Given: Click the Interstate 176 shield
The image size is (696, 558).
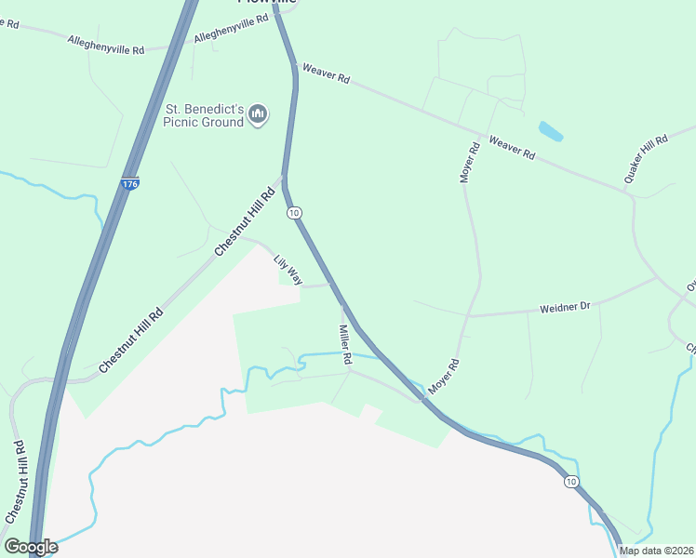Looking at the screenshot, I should [130, 185].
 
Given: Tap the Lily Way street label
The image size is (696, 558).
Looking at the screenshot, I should [288, 268].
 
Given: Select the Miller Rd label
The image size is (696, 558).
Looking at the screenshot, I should [345, 344].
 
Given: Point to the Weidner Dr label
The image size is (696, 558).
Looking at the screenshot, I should [566, 306].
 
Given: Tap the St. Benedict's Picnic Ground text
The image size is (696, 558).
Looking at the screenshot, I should [204, 115].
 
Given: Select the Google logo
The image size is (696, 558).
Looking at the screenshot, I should [31, 546].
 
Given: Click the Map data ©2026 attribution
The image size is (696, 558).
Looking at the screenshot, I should [656, 551].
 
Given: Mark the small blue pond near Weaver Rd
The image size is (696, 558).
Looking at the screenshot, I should [550, 131].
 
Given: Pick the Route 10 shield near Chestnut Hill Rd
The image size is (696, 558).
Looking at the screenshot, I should [294, 213].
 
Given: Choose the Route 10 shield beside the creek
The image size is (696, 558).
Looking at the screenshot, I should [571, 481].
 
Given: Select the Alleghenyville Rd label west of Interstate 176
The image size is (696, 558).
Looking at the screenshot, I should [106, 44].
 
